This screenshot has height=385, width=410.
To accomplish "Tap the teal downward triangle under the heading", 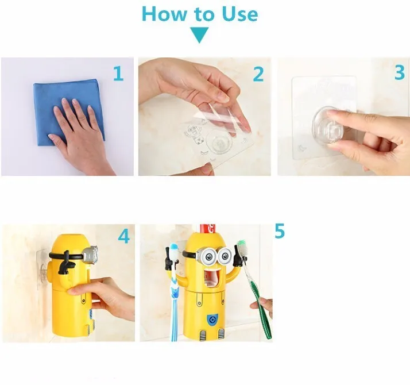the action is coord(199,35).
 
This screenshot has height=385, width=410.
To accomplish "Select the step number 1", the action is coord(118,74).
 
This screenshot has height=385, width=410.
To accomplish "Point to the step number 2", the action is coord(258,74).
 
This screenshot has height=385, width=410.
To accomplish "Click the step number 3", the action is coord(400,72).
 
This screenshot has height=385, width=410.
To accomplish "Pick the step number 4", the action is coord(123,236).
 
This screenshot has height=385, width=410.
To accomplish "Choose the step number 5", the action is coord(280,231).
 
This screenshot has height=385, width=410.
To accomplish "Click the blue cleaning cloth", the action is coord(69,112).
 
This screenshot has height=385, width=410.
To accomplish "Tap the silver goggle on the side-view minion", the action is coord(91,254).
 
